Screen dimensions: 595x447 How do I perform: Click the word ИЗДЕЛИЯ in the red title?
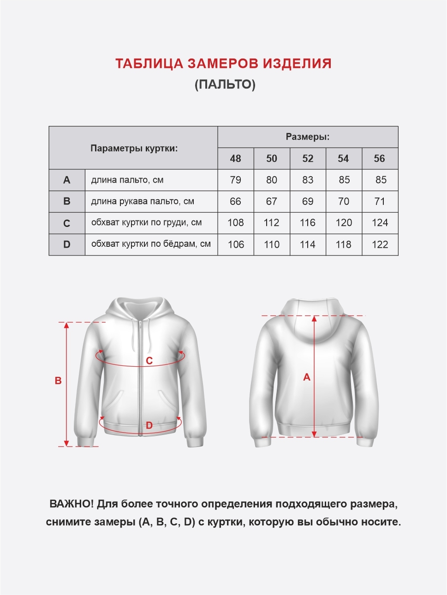click(x=297, y=64)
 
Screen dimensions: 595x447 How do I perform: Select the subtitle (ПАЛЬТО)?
click(x=225, y=84)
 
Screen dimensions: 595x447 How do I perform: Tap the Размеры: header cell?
click(x=308, y=137)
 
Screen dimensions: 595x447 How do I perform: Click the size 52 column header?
click(x=308, y=159)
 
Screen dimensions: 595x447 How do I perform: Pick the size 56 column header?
click(x=380, y=159)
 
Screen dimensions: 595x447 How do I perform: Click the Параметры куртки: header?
click(x=134, y=149)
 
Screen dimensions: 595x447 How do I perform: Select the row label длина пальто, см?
click(x=127, y=180)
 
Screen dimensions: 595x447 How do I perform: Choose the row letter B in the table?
click(x=67, y=202)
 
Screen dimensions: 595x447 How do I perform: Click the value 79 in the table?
click(x=235, y=180)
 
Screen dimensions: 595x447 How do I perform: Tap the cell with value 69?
click(x=308, y=202)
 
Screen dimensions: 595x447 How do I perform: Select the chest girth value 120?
click(x=344, y=223)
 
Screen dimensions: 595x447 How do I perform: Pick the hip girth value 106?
click(x=236, y=244)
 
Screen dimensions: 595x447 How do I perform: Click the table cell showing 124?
click(x=380, y=223)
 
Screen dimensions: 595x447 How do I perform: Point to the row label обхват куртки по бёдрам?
click(x=151, y=244)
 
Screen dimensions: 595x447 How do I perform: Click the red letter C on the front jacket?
click(x=149, y=361)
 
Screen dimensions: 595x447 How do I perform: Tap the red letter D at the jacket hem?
click(x=149, y=425)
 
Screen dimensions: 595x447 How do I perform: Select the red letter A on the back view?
click(x=307, y=377)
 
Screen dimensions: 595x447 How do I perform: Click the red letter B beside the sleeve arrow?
click(x=58, y=381)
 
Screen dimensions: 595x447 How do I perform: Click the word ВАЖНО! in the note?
click(x=72, y=504)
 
